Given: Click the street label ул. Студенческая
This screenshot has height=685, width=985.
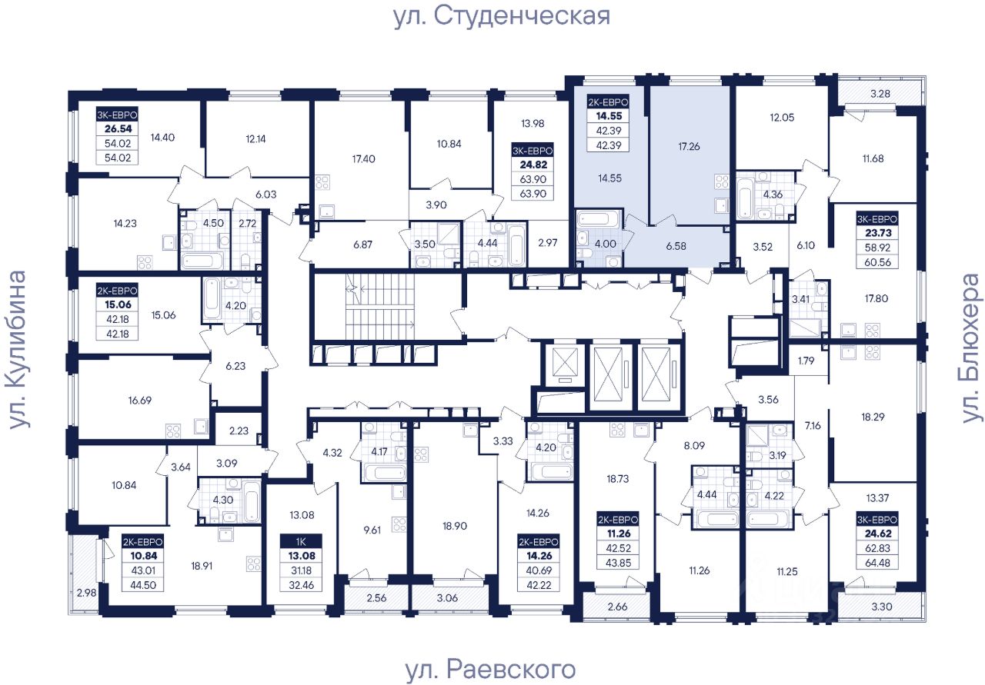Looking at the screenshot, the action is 501,16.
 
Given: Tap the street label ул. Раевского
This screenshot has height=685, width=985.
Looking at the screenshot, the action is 489,669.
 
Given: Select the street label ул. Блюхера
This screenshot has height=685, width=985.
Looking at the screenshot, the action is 972,347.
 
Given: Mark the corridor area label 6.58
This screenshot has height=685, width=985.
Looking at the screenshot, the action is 676,246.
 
